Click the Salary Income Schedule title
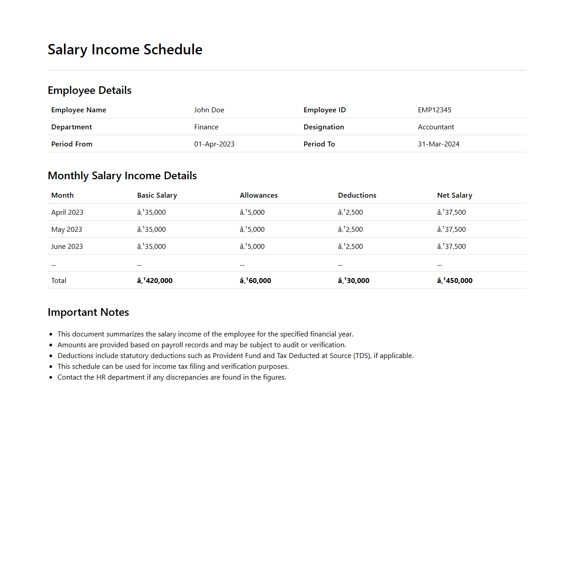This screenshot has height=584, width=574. [x=125, y=49]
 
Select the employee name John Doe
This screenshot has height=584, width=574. [x=209, y=110]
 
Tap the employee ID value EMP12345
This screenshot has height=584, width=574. [x=434, y=110]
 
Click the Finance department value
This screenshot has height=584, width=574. [x=206, y=127]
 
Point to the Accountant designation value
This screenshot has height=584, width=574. [x=436, y=127]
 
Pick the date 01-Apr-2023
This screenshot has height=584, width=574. [x=214, y=144]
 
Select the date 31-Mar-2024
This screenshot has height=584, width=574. [x=438, y=144]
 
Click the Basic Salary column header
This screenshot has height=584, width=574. [x=157, y=195]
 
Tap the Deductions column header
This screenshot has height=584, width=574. [x=357, y=195]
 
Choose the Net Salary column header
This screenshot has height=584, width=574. [x=455, y=195]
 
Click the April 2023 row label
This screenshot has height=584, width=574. [x=67, y=212]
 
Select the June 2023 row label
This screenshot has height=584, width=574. [x=67, y=247]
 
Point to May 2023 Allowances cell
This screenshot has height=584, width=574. [x=252, y=230]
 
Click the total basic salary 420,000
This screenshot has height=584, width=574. [x=155, y=281]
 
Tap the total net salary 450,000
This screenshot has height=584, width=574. [x=455, y=281]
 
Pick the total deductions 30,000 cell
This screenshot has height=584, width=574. [x=353, y=281]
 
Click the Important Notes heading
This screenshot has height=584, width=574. [x=88, y=312]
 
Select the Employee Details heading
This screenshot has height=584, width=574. [x=89, y=90]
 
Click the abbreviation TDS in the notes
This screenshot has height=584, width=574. [x=362, y=356]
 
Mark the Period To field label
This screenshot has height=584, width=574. [x=319, y=144]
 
